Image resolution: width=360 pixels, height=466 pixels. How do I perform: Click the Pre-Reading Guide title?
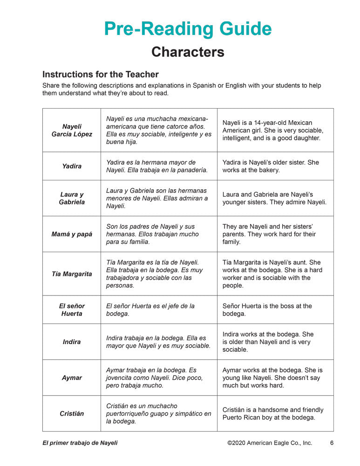(x=188, y=29)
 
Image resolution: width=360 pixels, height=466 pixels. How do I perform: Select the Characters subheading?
(x=188, y=52)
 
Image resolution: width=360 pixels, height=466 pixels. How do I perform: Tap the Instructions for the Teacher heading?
(x=101, y=75)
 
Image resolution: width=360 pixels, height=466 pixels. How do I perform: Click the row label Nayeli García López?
(x=72, y=130)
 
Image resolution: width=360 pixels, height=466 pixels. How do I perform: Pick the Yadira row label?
(x=72, y=166)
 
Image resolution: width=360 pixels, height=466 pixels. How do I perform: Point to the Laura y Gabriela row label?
(x=72, y=199)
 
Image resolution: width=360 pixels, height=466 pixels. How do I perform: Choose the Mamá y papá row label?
(x=72, y=234)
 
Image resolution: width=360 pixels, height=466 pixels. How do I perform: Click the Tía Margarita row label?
(x=72, y=274)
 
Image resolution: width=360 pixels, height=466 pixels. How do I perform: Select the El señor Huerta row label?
(x=72, y=310)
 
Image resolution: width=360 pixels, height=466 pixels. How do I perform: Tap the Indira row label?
(x=72, y=342)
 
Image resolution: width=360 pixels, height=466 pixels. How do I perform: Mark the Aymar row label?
(x=72, y=378)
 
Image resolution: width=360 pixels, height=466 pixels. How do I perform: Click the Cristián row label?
(x=72, y=414)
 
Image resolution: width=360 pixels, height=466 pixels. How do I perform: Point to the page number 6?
(x=332, y=443)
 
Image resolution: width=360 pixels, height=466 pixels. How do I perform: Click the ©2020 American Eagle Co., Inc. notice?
(x=270, y=443)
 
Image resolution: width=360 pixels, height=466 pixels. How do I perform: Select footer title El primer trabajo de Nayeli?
(x=80, y=443)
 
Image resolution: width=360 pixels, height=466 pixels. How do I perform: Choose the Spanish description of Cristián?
(x=158, y=414)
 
